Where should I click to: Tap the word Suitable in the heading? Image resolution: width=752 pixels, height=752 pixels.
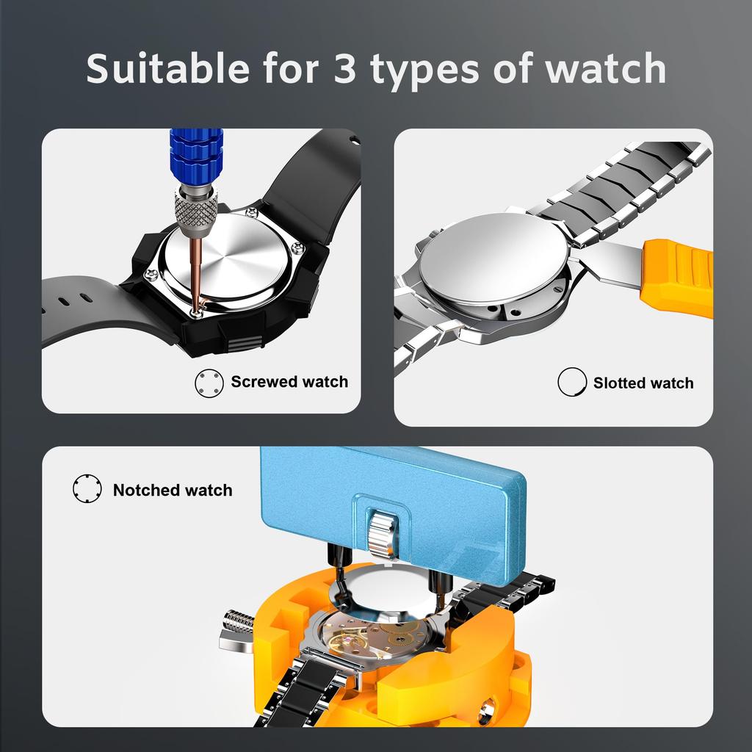click(x=167, y=68)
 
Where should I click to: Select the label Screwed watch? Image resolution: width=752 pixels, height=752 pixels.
click(x=289, y=382)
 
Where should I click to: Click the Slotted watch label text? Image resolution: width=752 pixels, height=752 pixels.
click(x=643, y=383)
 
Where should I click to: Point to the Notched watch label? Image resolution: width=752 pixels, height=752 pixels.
click(x=173, y=490)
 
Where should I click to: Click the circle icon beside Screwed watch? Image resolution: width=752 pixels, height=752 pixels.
click(x=209, y=383)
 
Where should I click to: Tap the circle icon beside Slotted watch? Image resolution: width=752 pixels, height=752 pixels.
click(x=571, y=383)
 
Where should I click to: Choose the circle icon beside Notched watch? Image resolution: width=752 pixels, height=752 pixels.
click(x=87, y=489)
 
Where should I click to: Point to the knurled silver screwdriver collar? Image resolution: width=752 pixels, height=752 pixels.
click(x=195, y=209)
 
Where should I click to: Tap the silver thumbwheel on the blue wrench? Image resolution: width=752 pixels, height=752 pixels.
click(x=381, y=532)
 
